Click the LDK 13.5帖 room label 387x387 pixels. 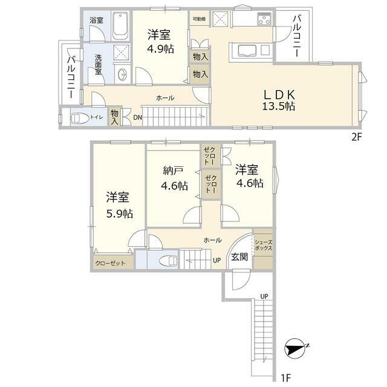point(279,100)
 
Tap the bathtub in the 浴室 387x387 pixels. point(120,26)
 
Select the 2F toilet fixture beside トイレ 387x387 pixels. point(79,118)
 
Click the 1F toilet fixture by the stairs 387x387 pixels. point(169,261)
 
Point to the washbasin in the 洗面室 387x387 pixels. point(122,73)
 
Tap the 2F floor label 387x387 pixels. point(356,137)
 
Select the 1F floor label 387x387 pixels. point(286,378)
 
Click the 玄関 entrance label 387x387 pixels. point(239,257)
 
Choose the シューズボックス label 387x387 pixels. point(264,245)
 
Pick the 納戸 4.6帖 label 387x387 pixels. point(174,178)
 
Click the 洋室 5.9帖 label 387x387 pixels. point(120,206)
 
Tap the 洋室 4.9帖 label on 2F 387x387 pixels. point(160,42)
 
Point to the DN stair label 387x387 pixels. point(137,118)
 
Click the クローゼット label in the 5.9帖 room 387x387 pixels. point(110,263)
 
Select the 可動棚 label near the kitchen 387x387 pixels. point(200,19)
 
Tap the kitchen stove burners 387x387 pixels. point(264,19)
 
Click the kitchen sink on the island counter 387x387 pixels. point(247,51)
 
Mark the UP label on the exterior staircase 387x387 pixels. point(264,296)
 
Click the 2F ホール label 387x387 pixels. point(165,98)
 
